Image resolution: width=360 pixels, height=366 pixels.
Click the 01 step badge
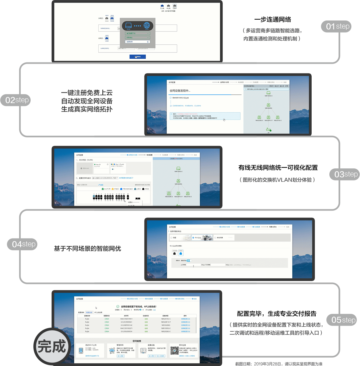(x=336, y=26)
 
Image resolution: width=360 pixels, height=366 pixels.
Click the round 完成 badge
(x=52, y=346)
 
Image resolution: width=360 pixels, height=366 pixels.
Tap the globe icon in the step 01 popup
(x=147, y=26)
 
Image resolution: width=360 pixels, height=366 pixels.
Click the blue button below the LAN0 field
(x=138, y=57)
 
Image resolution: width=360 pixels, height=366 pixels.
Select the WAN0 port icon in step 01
(x=112, y=19)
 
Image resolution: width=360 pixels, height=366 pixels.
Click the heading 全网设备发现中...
(x=180, y=91)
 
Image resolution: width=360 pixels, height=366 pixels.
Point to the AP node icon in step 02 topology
(x=268, y=130)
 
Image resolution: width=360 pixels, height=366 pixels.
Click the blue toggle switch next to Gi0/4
(x=189, y=261)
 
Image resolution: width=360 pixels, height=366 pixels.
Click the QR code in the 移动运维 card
(x=174, y=350)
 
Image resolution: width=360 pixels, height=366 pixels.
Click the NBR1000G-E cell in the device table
(x=166, y=328)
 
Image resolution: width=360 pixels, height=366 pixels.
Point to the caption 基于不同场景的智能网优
(x=87, y=249)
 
